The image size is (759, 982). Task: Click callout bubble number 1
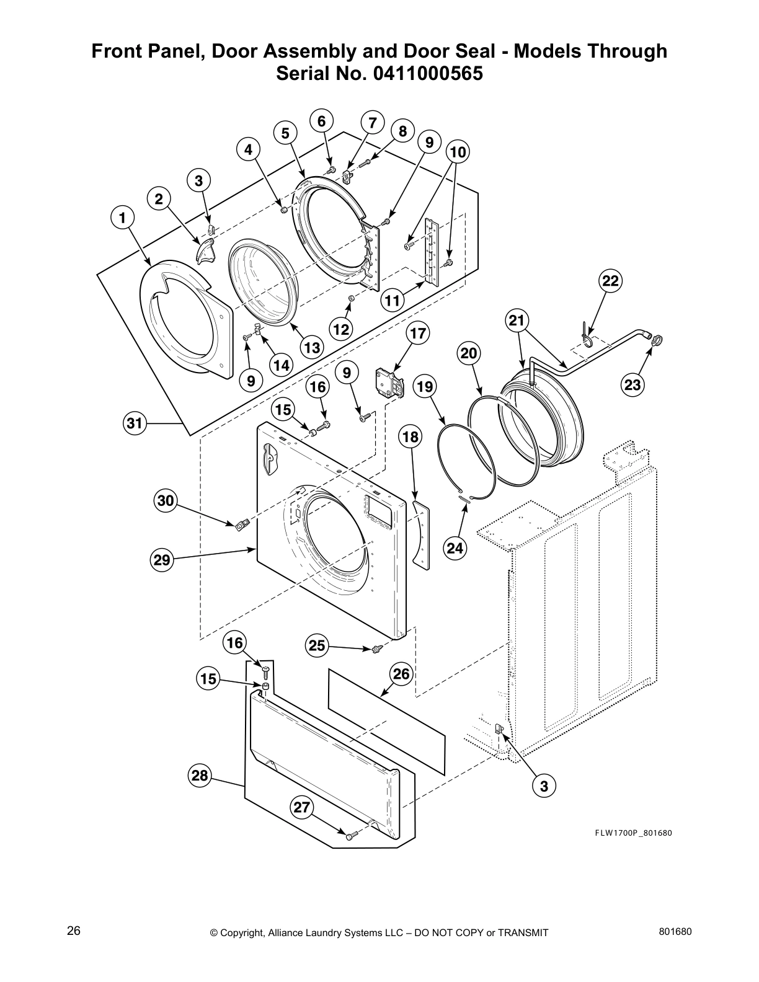point(122,218)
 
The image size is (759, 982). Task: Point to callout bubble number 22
point(610,281)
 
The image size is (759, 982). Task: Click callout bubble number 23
point(632,385)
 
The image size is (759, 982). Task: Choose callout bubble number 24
point(455,547)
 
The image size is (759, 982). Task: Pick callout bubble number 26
point(402,673)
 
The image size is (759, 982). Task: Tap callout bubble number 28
point(200,775)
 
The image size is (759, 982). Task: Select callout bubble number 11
point(392,301)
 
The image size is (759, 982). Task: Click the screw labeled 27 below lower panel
point(350,837)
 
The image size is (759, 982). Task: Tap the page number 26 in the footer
point(74,931)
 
